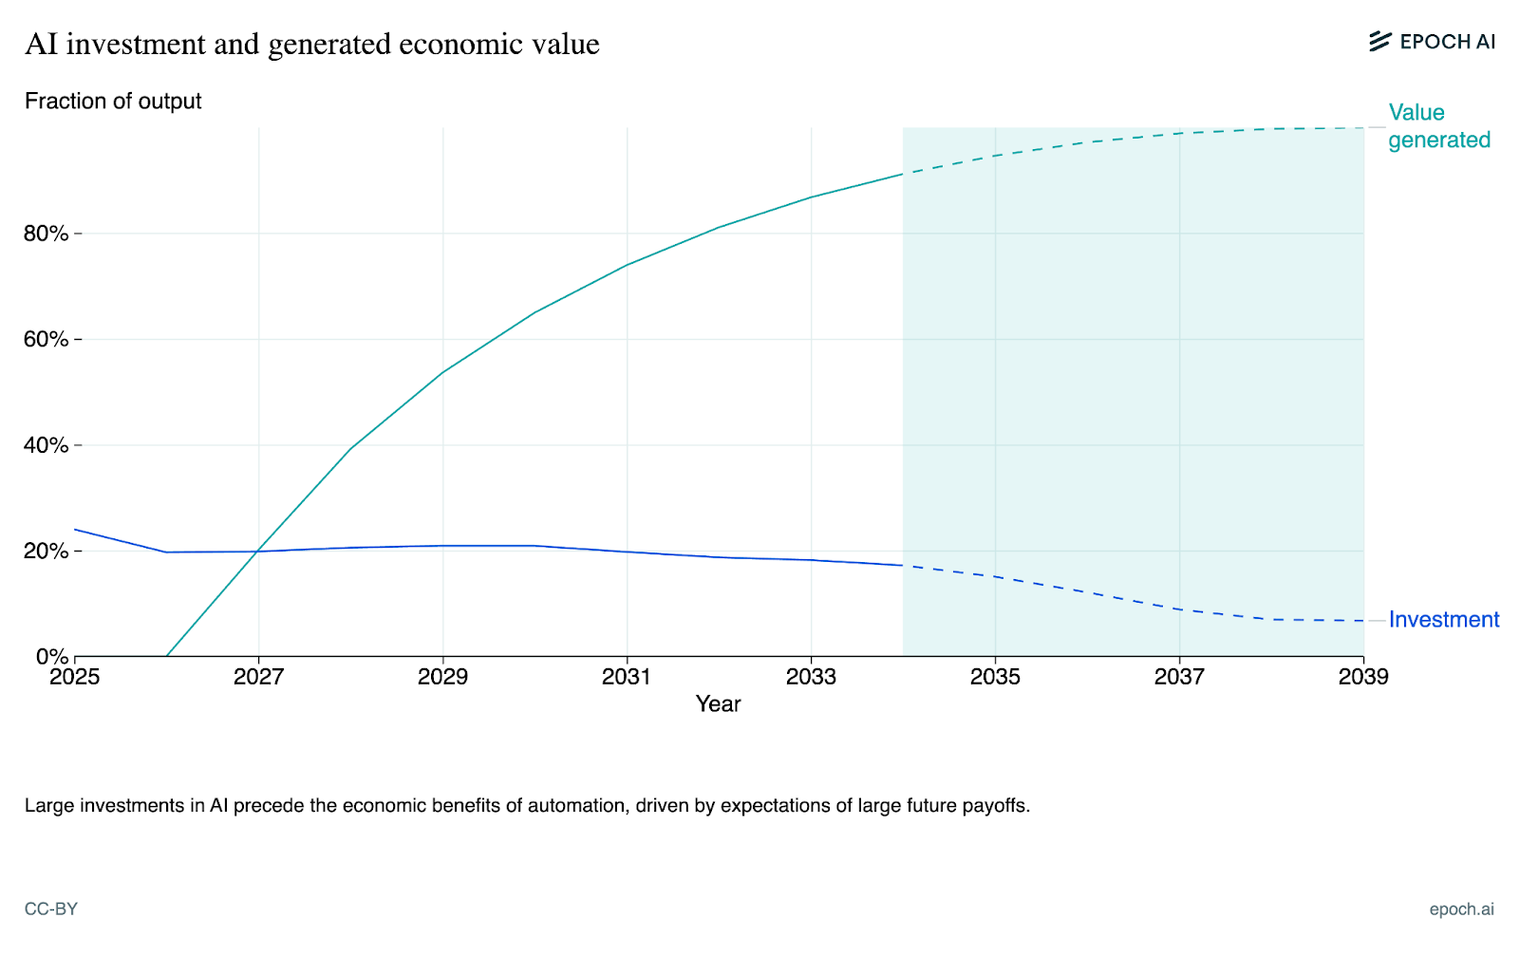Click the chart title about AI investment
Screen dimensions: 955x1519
312,45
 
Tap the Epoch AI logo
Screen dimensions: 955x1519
1433,42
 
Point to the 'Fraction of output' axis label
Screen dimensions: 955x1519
113,102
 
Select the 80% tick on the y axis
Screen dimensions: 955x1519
47,234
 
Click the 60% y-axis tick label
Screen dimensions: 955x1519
47,340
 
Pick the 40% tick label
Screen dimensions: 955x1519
47,445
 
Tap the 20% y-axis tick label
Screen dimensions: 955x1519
47,552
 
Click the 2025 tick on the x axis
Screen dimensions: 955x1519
74,677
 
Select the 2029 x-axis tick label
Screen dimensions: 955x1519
442,677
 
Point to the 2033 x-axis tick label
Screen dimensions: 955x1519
811,677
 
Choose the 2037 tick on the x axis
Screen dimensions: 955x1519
1179,677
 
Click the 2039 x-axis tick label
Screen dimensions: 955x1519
1363,677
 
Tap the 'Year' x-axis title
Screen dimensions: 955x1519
718,704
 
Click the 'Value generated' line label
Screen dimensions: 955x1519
1438,126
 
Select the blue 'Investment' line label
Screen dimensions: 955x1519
1444,620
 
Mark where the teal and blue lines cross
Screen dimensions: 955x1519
257,552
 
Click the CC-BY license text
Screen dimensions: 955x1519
51,909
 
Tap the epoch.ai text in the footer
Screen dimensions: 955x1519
1461,909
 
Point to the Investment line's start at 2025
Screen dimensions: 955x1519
75,530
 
